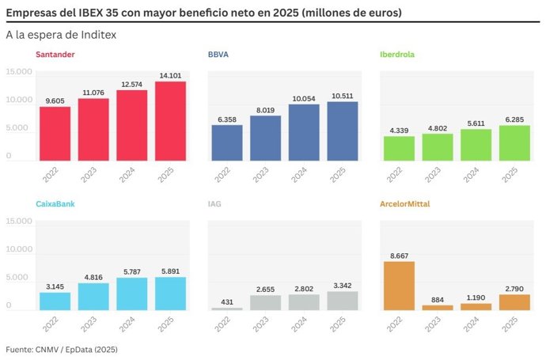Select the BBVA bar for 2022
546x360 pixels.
point(227,142)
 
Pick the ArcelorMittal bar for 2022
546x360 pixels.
point(400,286)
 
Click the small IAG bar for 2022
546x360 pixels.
point(227,308)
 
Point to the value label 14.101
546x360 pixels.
point(170,76)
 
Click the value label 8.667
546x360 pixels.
point(400,256)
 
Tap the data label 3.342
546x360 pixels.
point(342,286)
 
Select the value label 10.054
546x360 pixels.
point(304,99)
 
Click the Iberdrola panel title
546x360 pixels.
point(397,55)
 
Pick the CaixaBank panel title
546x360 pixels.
point(57,204)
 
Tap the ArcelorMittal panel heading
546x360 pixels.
point(405,204)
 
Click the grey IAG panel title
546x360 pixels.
point(215,204)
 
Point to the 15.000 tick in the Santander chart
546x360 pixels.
point(19,72)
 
